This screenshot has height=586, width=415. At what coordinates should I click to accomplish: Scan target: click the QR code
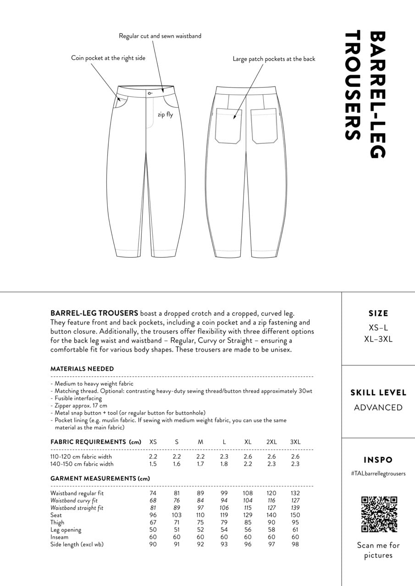tap(379, 514)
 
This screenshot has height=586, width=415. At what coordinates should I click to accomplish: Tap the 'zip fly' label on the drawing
tap(165, 115)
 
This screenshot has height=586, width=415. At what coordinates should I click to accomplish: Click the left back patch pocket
tap(228, 125)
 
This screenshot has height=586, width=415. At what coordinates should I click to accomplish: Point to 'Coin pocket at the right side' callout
tap(108, 58)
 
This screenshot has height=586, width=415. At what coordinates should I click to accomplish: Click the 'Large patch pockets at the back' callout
tap(274, 59)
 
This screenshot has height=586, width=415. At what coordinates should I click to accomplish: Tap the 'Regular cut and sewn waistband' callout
tap(160, 36)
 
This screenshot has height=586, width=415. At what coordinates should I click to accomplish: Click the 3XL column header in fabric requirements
tap(295, 442)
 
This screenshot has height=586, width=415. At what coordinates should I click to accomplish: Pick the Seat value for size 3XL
tap(295, 515)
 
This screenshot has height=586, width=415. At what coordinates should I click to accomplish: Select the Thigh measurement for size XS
tap(153, 522)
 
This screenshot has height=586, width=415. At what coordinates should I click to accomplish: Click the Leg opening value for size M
tap(200, 530)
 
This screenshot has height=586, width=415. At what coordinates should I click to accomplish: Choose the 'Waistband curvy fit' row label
tap(74, 500)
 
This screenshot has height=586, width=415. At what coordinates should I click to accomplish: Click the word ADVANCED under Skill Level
tap(378, 407)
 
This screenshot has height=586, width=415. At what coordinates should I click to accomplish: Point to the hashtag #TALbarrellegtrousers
tap(378, 473)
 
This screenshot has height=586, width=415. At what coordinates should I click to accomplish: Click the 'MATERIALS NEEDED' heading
tap(82, 369)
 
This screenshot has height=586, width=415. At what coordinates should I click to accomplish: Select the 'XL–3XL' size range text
tap(378, 339)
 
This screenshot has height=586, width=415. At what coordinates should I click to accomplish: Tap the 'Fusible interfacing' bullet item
tap(78, 398)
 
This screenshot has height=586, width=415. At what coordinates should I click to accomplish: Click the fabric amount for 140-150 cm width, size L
tap(224, 464)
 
